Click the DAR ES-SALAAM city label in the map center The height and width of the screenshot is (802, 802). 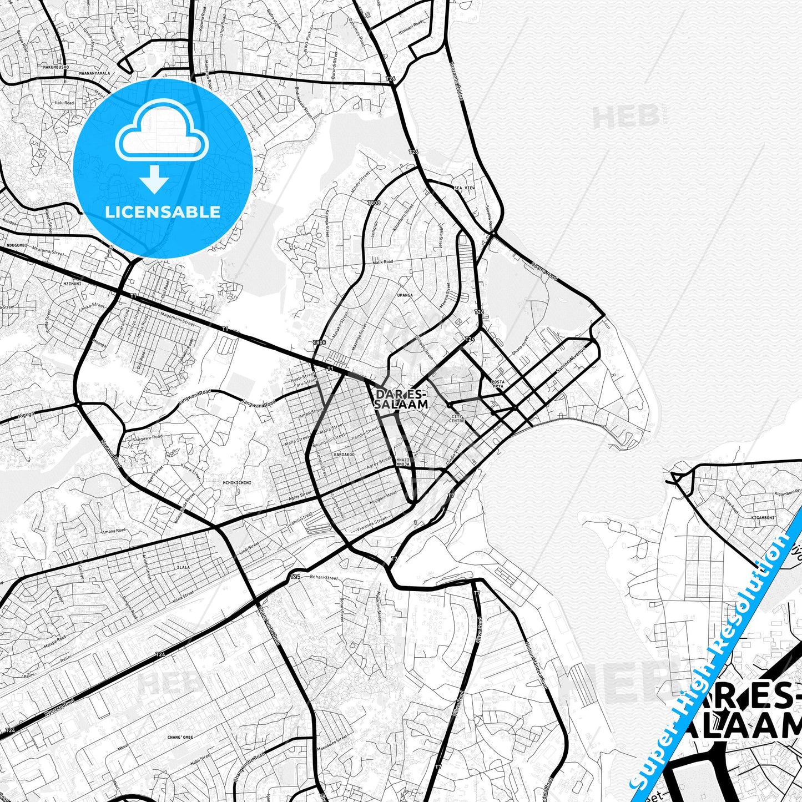pyautogui.click(x=401, y=399)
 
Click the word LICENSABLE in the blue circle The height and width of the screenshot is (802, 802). pyautogui.click(x=163, y=212)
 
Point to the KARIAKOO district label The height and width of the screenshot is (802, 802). pyautogui.click(x=344, y=455)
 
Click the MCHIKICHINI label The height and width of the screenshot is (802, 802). pyautogui.click(x=237, y=483)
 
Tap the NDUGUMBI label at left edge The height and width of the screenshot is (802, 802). pyautogui.click(x=15, y=245)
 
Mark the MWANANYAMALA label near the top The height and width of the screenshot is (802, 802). pyautogui.click(x=94, y=73)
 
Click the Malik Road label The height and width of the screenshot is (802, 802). pyautogui.click(x=383, y=261)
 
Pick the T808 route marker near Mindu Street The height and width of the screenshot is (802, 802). pyautogui.click(x=374, y=204)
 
